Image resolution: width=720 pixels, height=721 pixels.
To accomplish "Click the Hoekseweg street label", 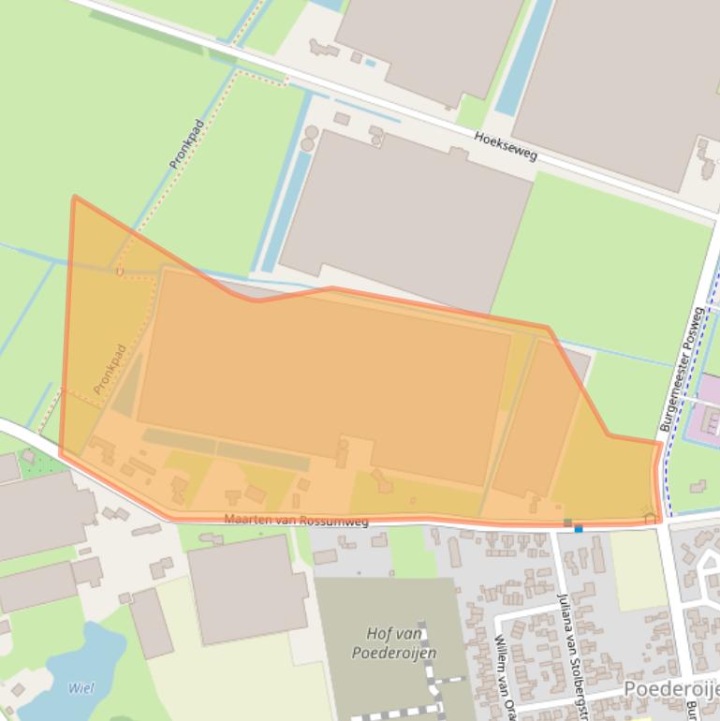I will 506,145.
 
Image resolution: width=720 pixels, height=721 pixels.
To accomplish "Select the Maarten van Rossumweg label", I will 296,520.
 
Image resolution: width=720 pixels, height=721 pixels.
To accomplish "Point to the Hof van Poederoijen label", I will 393,643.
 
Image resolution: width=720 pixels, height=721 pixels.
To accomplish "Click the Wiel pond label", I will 81,688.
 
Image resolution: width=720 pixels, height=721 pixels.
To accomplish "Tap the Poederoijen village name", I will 670,690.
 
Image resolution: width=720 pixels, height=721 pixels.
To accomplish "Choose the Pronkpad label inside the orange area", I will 110,369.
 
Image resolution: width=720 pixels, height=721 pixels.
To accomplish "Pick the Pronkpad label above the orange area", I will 186,143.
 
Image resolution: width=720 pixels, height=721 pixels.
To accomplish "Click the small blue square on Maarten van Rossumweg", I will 579,529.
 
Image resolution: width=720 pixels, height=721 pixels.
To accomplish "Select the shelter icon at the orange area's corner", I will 649,513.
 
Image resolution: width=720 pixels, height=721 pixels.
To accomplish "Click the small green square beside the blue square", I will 567,522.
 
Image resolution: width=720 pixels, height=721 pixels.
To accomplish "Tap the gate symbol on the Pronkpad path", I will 119,272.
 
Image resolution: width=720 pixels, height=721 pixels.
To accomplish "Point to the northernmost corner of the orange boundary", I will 74,197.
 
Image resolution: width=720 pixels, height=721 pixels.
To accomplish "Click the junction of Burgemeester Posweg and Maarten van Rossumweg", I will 662,521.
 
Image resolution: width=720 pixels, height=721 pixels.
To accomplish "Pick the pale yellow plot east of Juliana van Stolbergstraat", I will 639,568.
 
